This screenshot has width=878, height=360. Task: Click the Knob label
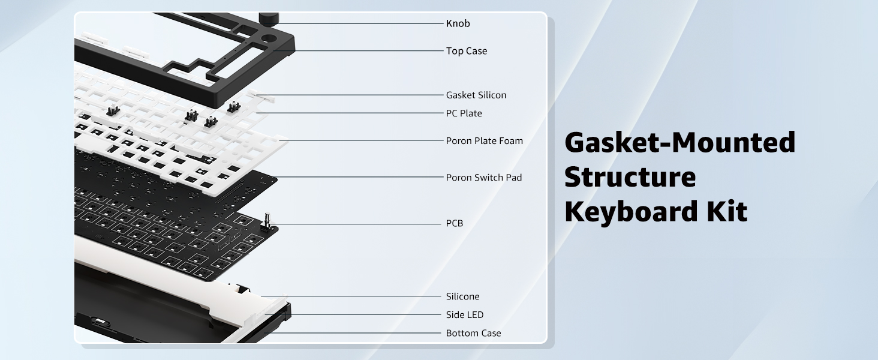(x=458, y=24)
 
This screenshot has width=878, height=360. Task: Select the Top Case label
(x=466, y=51)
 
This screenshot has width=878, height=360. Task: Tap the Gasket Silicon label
(x=476, y=95)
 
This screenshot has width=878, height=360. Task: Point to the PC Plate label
(x=464, y=113)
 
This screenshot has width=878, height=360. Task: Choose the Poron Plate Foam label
(x=484, y=141)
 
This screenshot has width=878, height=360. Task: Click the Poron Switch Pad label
(x=483, y=178)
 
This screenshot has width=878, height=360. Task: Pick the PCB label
(x=454, y=223)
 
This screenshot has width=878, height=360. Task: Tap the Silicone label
(x=462, y=296)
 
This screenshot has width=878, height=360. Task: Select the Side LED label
(x=464, y=314)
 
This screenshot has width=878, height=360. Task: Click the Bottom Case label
(x=473, y=333)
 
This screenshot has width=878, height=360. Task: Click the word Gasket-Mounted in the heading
(x=680, y=143)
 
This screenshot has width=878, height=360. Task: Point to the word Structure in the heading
(x=630, y=178)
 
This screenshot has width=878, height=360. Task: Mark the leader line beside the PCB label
(x=360, y=224)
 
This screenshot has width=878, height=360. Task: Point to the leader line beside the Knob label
(x=360, y=23)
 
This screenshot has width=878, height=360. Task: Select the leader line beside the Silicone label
(x=354, y=296)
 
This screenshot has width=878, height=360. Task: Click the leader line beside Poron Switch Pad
(x=360, y=177)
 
